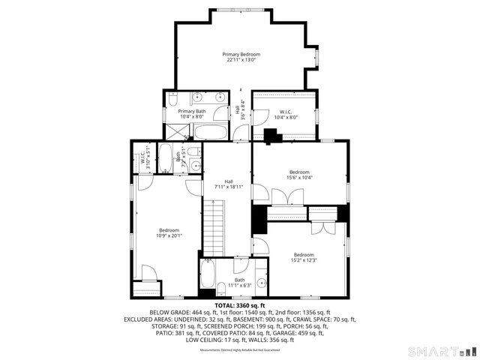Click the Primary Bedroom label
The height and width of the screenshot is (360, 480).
coord(241,57)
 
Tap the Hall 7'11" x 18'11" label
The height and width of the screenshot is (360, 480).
coord(228,184)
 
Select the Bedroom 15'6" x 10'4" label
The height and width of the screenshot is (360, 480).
coord(299,174)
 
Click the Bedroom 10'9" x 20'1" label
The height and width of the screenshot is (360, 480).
coord(169,232)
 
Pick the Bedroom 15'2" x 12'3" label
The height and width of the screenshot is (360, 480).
coord(304,257)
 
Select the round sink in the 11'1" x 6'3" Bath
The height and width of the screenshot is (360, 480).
coord(261,283)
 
